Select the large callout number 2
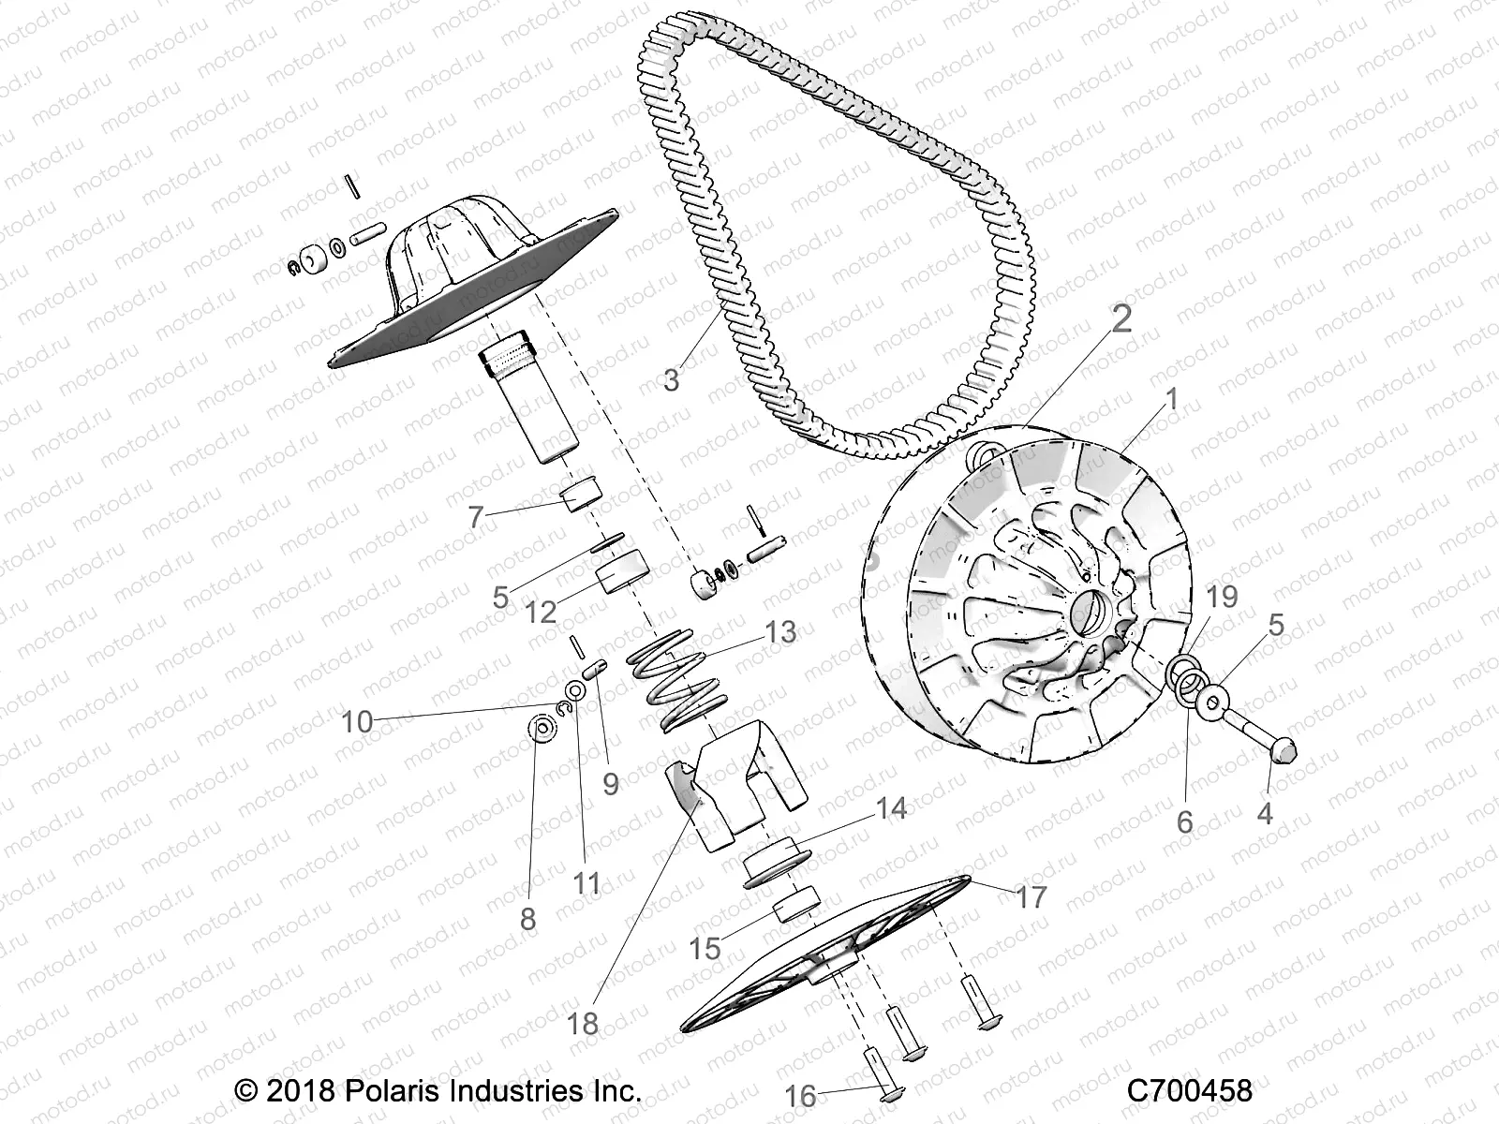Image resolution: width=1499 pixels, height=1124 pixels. (x=1121, y=320)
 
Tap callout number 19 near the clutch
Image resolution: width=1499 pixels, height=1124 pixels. (x=1222, y=597)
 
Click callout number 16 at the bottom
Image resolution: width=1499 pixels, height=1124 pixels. (x=801, y=1095)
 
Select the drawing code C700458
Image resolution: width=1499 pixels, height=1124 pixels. (x=1189, y=1091)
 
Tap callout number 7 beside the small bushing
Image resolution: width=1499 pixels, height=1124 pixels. (x=475, y=516)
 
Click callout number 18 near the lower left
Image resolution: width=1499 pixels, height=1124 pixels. (x=583, y=1023)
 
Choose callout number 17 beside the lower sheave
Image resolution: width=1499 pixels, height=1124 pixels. (x=1031, y=897)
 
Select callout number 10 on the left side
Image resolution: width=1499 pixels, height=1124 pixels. (x=357, y=721)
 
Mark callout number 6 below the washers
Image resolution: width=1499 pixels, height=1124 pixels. (x=1184, y=821)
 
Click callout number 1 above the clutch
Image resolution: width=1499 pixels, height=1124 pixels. (x=1170, y=400)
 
